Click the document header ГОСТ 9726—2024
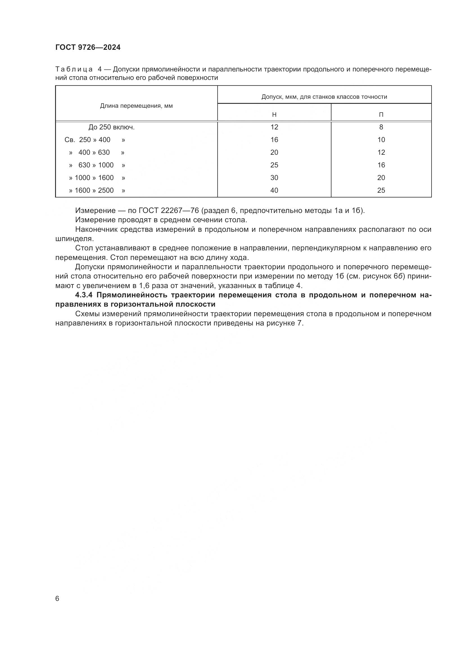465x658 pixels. [88, 48]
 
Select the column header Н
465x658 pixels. [274, 114]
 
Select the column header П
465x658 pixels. [381, 114]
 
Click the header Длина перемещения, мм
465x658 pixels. [136, 106]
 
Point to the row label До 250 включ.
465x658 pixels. [111, 127]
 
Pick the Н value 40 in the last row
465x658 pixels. [274, 190]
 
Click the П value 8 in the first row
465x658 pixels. [381, 127]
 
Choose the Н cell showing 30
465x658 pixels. [274, 178]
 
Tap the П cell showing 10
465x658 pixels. [381, 140]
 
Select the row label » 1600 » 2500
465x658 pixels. [97, 190]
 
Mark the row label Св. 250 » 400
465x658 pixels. [94, 140]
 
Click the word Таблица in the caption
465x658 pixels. [74, 69]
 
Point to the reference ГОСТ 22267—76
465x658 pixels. [169, 211]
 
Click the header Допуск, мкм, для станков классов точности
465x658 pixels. [324, 97]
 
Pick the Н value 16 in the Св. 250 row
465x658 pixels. [274, 140]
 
